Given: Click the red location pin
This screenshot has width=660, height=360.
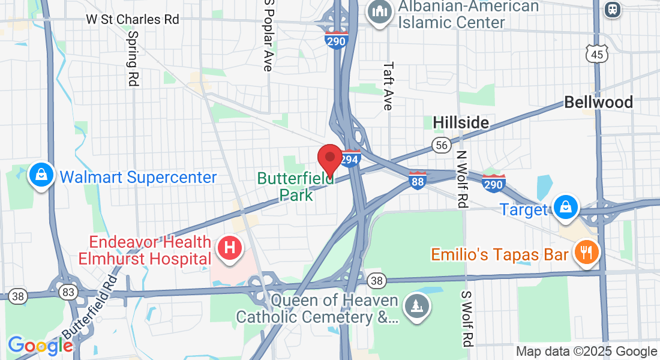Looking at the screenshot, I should [x=329, y=158].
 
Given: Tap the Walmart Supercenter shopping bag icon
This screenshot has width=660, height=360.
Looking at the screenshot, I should [x=41, y=175].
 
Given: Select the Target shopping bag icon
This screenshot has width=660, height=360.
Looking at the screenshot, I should [x=565, y=207].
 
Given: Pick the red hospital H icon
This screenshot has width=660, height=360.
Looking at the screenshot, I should [x=229, y=247].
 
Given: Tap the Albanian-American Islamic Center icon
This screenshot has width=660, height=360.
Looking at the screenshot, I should [x=379, y=12].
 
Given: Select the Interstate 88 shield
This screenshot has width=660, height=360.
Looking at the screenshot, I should [x=418, y=181].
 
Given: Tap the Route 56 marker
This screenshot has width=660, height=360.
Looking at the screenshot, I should [x=442, y=145].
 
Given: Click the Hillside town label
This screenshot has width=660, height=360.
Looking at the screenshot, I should [x=461, y=123].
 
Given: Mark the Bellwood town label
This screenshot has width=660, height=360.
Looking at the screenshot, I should [x=598, y=103].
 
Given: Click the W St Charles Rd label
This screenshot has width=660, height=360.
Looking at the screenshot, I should [x=133, y=19].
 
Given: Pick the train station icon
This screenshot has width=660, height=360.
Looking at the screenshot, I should [x=613, y=10].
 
